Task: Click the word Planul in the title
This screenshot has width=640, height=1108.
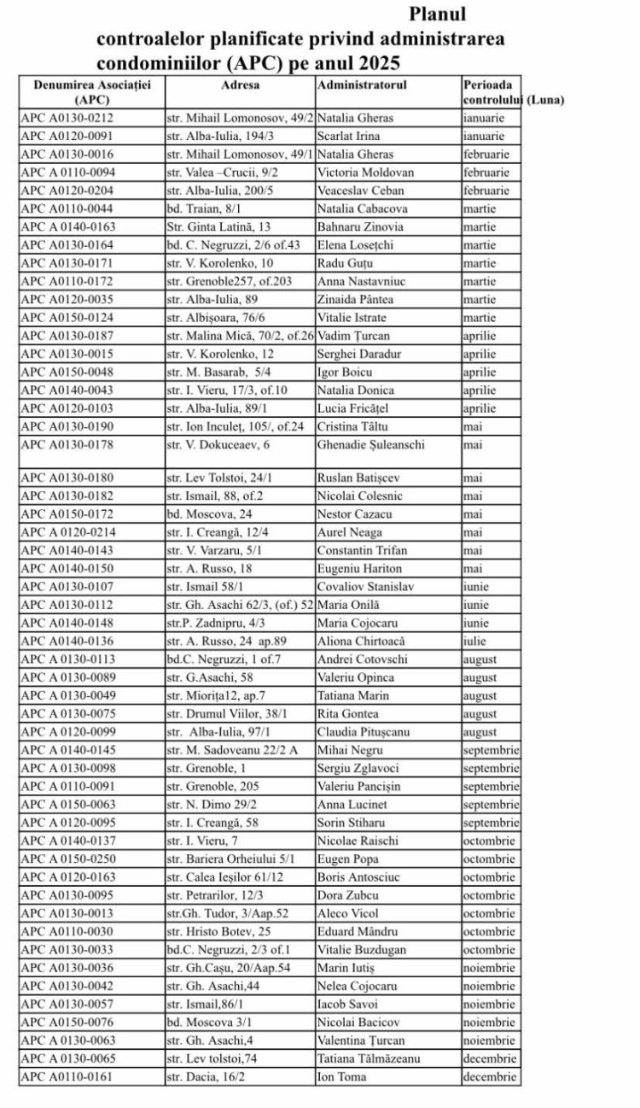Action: coord(438,15)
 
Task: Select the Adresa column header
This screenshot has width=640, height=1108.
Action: coord(240,85)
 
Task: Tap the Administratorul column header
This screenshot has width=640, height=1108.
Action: coord(362,85)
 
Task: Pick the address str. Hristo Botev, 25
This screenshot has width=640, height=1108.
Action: coord(218,931)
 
